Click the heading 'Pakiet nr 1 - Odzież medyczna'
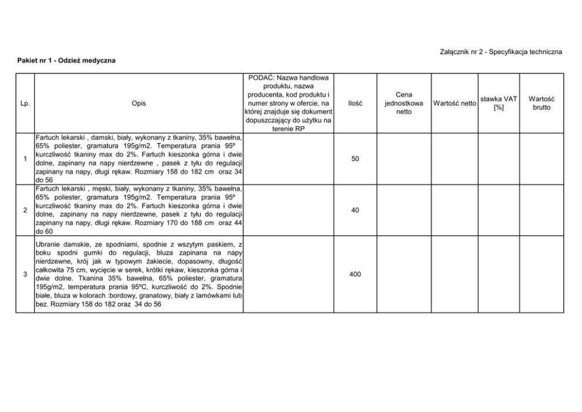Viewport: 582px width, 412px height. tap(66, 60)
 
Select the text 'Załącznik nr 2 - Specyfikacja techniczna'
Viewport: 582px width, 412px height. tap(500, 52)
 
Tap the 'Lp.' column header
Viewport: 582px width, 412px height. tap(25, 103)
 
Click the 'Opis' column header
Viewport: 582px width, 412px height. tap(139, 103)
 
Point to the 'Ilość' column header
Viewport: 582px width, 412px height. tap(355, 103)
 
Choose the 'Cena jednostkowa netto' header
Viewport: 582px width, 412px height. tap(404, 103)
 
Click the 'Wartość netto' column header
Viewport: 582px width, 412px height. tap(455, 104)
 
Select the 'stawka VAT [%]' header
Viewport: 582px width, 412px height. tap(499, 103)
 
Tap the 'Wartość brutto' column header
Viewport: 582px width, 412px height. tap(542, 103)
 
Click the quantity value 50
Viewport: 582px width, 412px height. tap(355, 159)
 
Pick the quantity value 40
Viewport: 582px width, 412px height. tap(355, 210)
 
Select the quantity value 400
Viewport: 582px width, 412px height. tap(355, 274)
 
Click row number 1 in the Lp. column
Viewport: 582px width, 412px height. tap(25, 159)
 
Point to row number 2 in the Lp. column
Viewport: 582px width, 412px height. tap(25, 210)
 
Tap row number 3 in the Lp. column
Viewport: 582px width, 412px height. tap(25, 274)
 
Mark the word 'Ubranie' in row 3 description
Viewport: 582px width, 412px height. tap(49, 244)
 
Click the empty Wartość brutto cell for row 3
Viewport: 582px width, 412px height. tap(542, 274)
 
